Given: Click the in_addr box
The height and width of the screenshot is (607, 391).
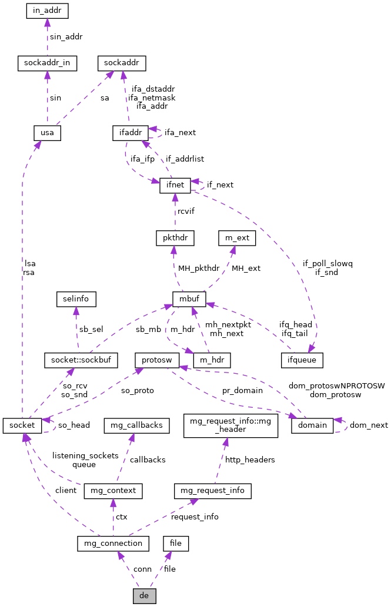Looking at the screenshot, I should (x=48, y=11).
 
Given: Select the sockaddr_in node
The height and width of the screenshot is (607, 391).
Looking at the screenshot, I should (x=47, y=63).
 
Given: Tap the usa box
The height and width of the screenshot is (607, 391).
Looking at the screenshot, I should (x=47, y=133).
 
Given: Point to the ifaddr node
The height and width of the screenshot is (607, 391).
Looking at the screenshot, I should (x=129, y=133).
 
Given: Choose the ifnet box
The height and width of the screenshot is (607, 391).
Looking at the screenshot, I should (x=175, y=185).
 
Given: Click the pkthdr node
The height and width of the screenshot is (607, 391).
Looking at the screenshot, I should (x=175, y=238).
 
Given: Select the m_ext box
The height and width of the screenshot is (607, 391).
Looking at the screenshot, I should (x=235, y=238).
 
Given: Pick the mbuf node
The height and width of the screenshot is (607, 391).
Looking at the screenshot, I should (x=189, y=299).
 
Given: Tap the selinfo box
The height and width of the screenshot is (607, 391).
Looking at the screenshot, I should (x=76, y=299).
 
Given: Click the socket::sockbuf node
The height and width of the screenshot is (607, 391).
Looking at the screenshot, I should (x=81, y=360).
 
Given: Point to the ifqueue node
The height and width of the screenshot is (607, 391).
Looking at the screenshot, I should (x=302, y=360).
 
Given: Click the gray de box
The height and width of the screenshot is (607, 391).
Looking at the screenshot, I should (x=144, y=595).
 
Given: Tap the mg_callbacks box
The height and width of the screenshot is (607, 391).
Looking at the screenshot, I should (x=137, y=424).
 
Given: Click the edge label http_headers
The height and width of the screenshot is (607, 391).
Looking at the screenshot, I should (x=250, y=460).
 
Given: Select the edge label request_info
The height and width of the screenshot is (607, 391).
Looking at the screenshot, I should (x=195, y=517).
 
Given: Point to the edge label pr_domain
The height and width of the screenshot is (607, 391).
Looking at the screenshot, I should (x=242, y=390).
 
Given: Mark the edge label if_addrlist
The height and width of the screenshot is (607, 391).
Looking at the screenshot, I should (x=185, y=159).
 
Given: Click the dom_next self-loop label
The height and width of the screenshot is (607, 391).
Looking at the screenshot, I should (x=369, y=425).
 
